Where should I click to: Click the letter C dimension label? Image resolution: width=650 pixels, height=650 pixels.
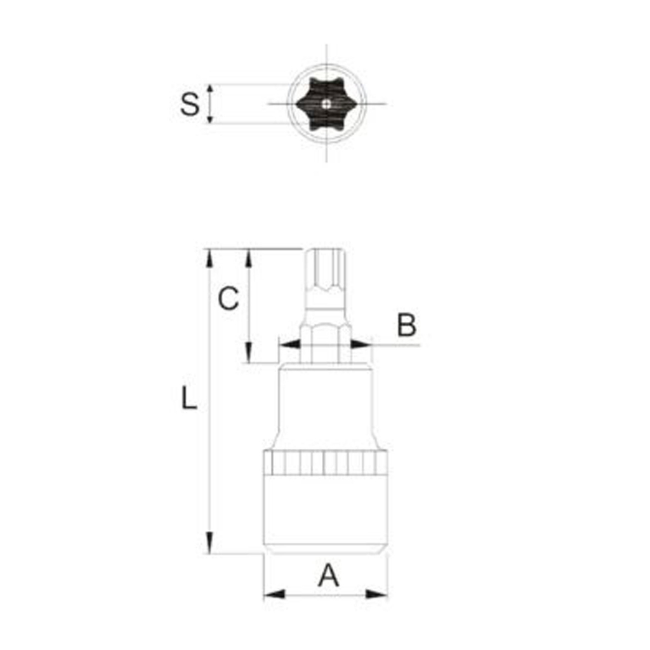click(229, 298)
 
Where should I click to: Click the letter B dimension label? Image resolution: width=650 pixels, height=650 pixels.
click(406, 325)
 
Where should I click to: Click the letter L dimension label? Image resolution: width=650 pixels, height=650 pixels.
click(189, 397)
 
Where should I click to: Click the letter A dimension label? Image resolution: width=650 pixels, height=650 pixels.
click(328, 575)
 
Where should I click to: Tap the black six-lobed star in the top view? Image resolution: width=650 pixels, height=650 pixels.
click(326, 103)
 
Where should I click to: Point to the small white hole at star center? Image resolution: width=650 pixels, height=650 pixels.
click(327, 103)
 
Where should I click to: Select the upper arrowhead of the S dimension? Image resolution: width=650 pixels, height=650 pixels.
click(210, 90)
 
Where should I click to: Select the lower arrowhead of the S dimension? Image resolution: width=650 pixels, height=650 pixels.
click(210, 117)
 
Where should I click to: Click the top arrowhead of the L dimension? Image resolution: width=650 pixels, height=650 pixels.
click(210, 258)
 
